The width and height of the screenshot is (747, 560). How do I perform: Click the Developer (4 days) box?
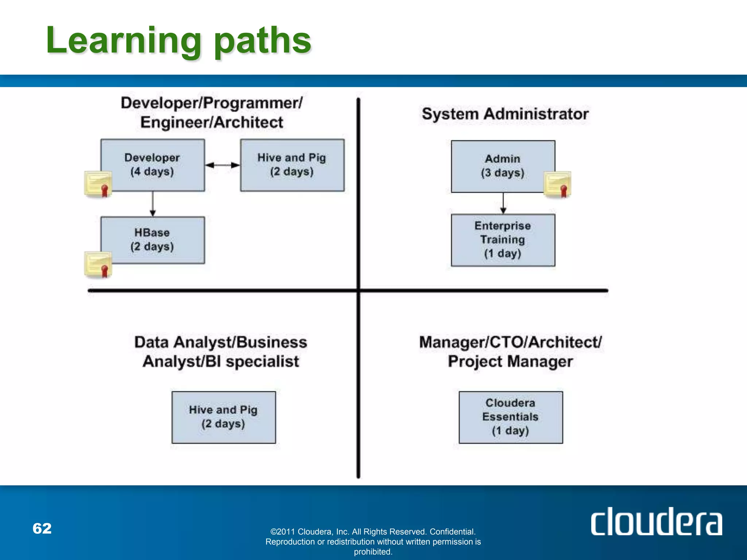pos(152,165)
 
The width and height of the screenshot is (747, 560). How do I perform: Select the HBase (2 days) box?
pos(152,240)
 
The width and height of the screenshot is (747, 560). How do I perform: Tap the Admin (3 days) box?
pos(503,166)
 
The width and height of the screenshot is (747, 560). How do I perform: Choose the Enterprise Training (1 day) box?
pos(503,240)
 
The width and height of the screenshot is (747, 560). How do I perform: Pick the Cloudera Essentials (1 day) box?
pos(510,417)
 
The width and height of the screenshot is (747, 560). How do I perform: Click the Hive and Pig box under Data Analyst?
pos(224,417)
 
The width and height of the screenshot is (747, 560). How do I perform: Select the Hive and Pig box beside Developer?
pos(292,165)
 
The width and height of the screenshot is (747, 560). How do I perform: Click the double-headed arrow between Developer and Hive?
pos(222,165)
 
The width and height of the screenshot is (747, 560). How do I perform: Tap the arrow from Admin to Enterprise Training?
pos(503,203)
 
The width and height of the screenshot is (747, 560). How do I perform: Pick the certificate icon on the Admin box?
pos(557,184)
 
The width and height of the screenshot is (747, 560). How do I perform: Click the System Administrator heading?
pos(505,114)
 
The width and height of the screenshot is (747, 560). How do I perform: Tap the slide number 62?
pos(42,528)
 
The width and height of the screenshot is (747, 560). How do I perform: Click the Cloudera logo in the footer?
pos(656,522)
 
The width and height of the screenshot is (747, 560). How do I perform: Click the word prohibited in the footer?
pos(373,552)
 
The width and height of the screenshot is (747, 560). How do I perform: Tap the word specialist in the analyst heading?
pos(262,362)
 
